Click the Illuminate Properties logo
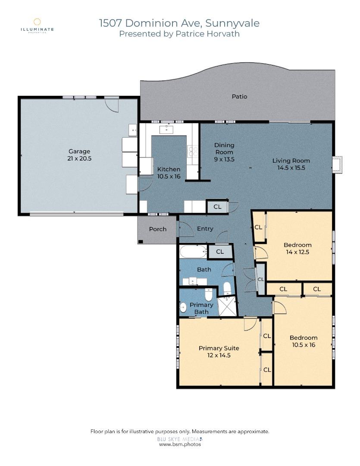coord(38,25)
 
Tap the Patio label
coord(239,97)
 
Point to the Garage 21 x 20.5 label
coord(79,154)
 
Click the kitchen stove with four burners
coord(193,151)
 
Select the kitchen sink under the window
coord(166,129)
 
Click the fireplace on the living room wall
coord(337,164)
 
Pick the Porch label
coord(157,229)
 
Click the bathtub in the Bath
coord(192,251)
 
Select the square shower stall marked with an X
coord(227,306)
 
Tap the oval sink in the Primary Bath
coord(183,308)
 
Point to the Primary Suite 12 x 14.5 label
coord(219,352)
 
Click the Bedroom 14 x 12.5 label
coord(297,249)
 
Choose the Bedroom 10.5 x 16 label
coord(303,341)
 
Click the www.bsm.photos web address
coord(180,444)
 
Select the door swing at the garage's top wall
coord(112,104)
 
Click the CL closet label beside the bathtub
coord(219,252)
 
